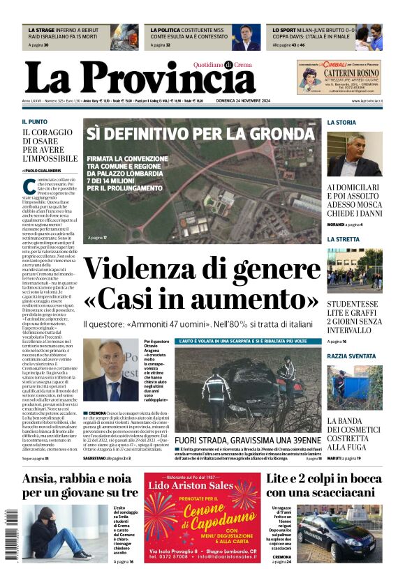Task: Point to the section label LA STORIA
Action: click(341, 122)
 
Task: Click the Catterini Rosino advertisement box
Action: click(339, 77)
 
